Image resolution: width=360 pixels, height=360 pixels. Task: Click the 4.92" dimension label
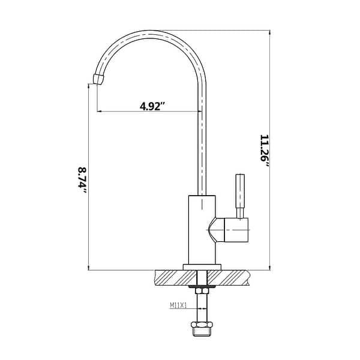(152, 106)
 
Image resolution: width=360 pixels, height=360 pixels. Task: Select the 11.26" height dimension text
(265, 152)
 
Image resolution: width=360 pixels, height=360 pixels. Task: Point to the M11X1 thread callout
(179, 305)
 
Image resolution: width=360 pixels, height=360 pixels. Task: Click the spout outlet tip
(100, 79)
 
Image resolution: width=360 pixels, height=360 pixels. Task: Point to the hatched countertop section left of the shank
(174, 277)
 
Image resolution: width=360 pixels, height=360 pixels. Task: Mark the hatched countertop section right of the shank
(231, 277)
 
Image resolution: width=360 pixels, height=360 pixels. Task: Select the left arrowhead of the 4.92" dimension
(100, 112)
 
